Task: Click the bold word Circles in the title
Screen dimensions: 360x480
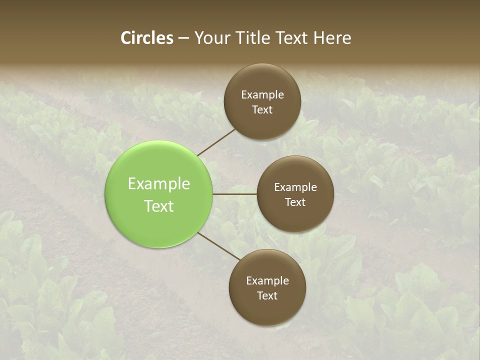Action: tap(147, 38)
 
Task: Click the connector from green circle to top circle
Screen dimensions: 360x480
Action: tap(216, 142)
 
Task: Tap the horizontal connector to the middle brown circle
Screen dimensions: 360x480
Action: tap(234, 194)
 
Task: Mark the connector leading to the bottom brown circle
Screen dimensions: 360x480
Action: tap(219, 246)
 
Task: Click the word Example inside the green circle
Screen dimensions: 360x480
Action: tap(159, 184)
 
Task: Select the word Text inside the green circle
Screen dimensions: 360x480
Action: tap(159, 206)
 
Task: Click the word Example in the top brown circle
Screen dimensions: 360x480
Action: tap(262, 95)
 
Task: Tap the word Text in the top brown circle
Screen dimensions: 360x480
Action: tap(262, 109)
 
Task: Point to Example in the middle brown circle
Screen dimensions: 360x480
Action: tap(295, 187)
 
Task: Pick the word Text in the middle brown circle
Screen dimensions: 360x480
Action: tap(295, 202)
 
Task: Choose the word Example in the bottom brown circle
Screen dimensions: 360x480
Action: tap(267, 281)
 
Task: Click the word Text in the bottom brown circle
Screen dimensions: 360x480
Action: tap(267, 295)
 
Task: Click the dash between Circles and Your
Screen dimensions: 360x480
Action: tap(183, 38)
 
